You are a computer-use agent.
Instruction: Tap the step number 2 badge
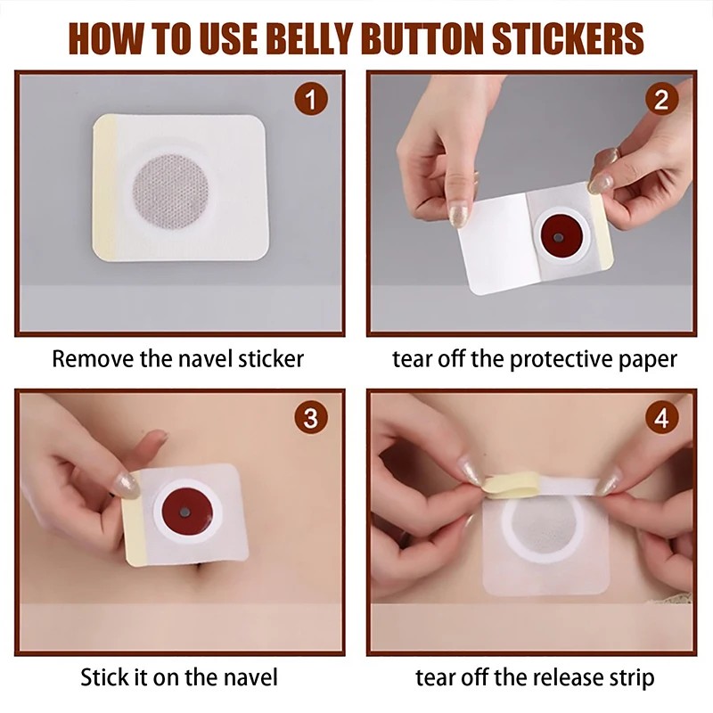pos(660,100)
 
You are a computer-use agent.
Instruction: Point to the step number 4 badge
pos(660,419)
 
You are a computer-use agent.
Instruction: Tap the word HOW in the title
pos(101,38)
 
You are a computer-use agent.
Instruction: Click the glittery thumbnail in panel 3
pos(127,485)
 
